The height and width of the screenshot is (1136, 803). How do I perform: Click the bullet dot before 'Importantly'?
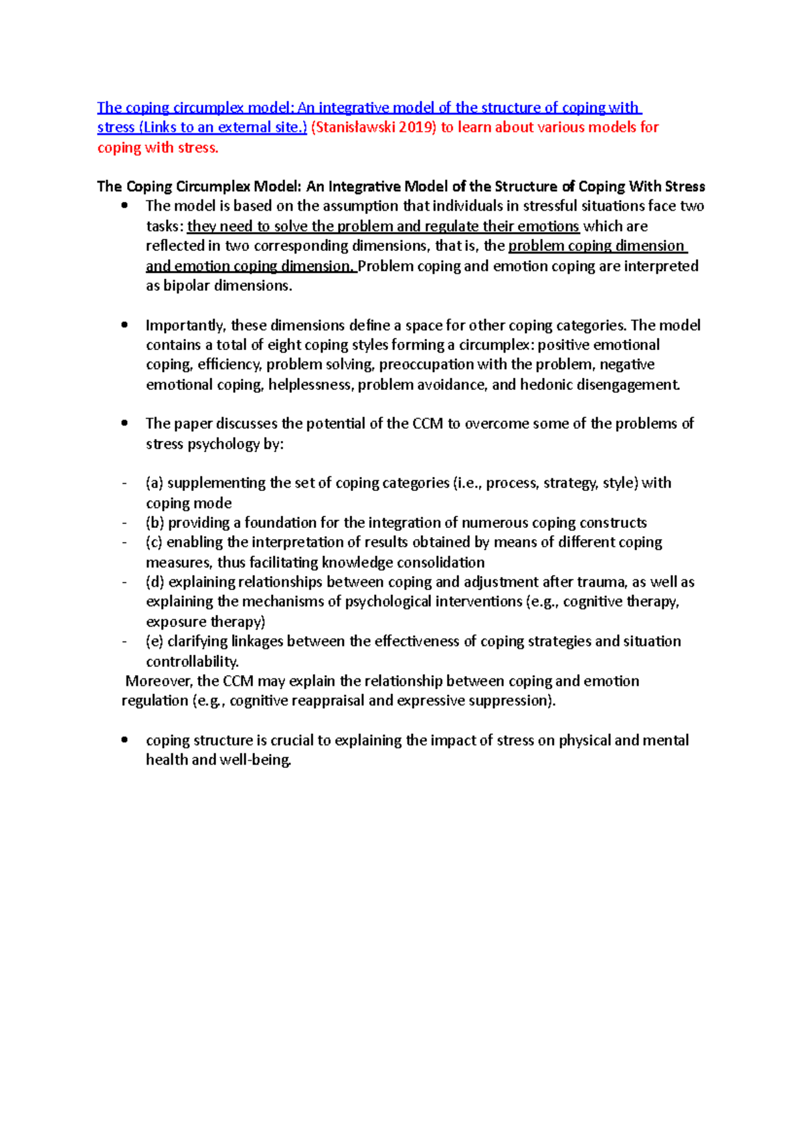(124, 325)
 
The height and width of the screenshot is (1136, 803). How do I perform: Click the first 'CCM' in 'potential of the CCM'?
(428, 423)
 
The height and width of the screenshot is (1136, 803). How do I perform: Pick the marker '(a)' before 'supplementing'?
(155, 483)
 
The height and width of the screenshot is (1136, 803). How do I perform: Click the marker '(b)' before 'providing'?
(155, 523)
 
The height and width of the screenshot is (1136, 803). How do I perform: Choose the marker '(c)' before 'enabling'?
(154, 542)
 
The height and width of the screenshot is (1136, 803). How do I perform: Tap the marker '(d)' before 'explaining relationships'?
(155, 582)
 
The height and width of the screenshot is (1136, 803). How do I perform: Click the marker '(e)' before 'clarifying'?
(155, 642)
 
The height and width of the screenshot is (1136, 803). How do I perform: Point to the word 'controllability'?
(191, 662)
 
